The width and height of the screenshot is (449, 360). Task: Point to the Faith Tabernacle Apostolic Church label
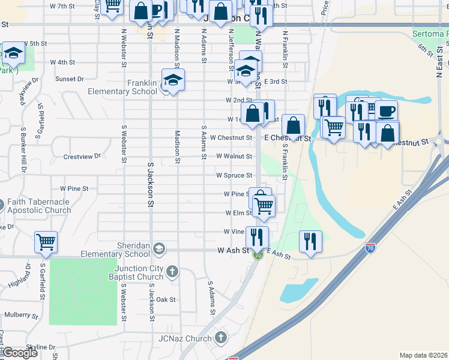coord(40,206)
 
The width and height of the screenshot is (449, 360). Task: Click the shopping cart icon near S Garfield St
coord(46,242)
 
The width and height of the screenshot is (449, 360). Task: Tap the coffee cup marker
coord(387,111)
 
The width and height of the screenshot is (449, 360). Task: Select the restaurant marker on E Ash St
coord(310,241)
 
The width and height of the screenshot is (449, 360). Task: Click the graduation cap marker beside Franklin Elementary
coord(173,80)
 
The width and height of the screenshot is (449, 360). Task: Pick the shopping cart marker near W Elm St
coord(264,206)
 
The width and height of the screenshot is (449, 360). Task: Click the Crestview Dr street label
coord(82,157)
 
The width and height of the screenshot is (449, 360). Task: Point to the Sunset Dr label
coord(70,79)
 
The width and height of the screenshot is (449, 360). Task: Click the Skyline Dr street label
coord(41,347)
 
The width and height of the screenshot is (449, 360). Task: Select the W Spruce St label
coord(235,175)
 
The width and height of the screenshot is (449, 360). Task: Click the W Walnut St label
coord(235,156)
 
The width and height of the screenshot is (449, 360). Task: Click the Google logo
coord(20,353)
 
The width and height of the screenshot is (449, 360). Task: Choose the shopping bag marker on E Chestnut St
coord(293,126)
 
